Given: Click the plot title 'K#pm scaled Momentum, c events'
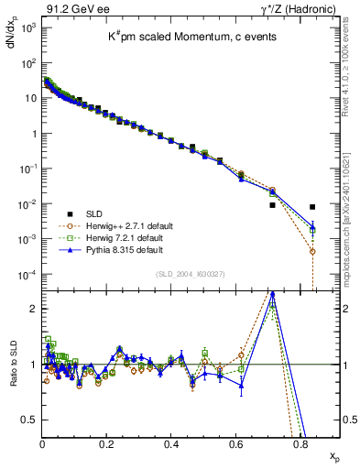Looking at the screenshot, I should (x=182, y=36).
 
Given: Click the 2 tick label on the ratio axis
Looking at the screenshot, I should (x=33, y=309).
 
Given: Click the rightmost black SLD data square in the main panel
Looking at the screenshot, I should (x=313, y=207).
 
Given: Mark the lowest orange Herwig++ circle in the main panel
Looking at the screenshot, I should (x=313, y=251).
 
